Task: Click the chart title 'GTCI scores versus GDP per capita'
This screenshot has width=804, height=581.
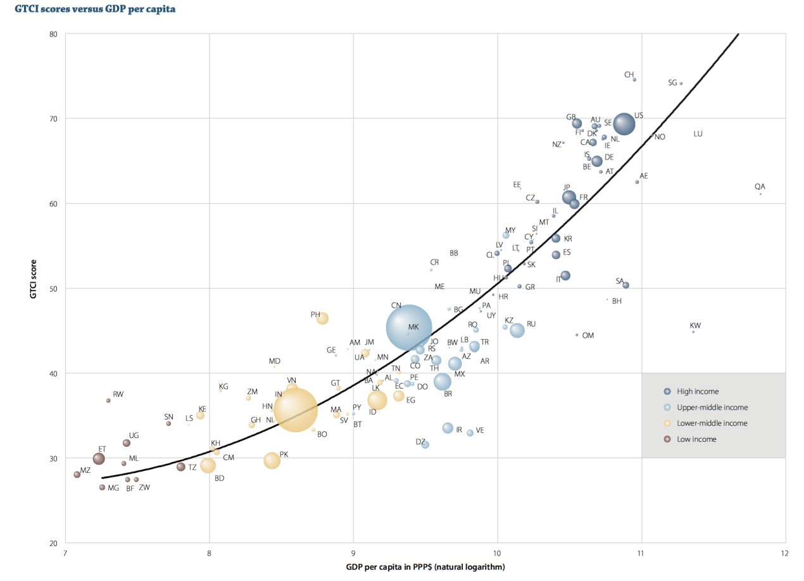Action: coord(96,9)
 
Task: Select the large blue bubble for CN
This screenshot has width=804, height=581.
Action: coord(409,328)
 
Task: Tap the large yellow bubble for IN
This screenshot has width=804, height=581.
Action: coord(296,410)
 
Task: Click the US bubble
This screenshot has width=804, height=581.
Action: coord(624,124)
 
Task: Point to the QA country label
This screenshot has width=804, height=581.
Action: coord(760,187)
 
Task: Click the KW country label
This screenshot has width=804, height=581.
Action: coord(695,326)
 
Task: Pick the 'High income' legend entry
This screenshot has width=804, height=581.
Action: coord(698,392)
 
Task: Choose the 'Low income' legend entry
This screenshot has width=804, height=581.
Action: coord(696,439)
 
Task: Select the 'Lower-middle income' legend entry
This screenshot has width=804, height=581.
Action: coord(712,423)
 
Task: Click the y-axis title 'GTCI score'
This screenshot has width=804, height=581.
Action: coord(35,289)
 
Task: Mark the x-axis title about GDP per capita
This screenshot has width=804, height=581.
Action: coord(425,567)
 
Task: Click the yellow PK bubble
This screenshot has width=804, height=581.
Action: coord(272,461)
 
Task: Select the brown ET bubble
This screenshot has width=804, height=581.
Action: coord(99,459)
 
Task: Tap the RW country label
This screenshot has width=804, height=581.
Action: coord(118,394)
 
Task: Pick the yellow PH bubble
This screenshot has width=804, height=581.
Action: coord(322,318)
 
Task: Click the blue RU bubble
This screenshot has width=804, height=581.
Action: coord(517,330)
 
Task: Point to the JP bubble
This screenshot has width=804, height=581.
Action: coord(569,197)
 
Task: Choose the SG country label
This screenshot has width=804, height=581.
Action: coord(672,83)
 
